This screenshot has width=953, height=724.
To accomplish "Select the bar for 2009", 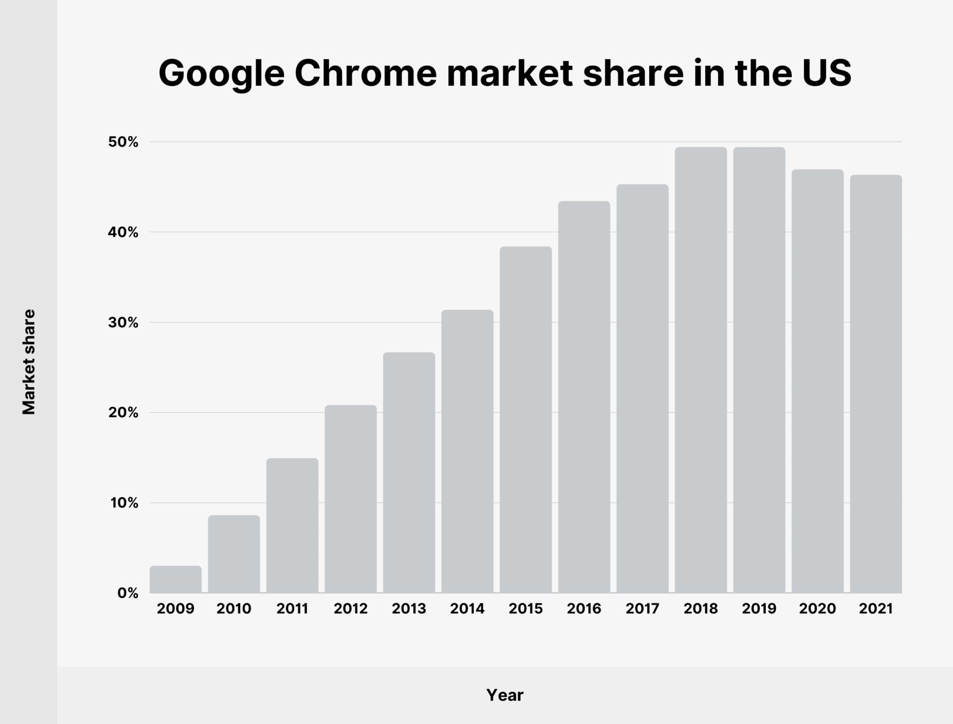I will [x=175, y=580].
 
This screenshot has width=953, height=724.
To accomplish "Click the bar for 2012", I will [x=350, y=499].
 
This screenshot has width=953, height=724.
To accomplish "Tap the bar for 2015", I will [x=526, y=420].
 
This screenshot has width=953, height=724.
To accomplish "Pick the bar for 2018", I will [x=701, y=370].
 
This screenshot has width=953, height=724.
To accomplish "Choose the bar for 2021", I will [x=876, y=384].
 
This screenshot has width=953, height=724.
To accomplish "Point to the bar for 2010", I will [x=234, y=554].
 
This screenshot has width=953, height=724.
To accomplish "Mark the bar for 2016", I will [x=584, y=397].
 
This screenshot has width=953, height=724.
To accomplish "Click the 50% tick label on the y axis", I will [x=123, y=142].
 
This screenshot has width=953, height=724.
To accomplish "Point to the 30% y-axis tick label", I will [x=123, y=323].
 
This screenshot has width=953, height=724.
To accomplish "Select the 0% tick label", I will [x=128, y=593].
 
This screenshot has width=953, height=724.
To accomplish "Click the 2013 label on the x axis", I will [x=409, y=609].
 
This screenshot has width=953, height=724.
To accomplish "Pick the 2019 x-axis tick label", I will [x=759, y=609].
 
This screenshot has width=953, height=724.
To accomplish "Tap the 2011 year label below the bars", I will [x=292, y=609].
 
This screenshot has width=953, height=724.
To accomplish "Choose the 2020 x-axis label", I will [x=817, y=609].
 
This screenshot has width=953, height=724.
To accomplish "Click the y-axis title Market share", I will [x=29, y=362].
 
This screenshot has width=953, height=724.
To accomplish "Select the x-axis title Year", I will [x=505, y=695].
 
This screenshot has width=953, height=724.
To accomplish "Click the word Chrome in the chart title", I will [x=366, y=73].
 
